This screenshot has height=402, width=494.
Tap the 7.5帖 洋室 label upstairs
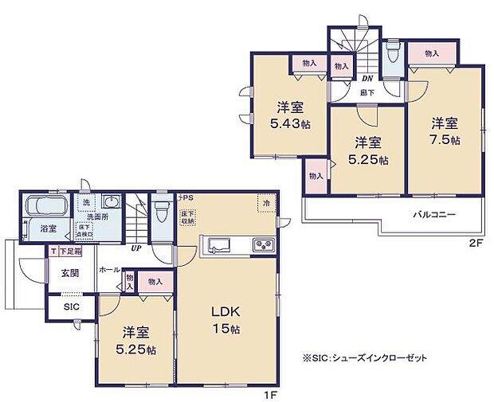click(x=445, y=131)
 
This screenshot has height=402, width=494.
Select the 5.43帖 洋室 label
click(x=288, y=115)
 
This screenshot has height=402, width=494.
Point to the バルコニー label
click(x=433, y=215)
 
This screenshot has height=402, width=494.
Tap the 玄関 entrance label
click(x=70, y=274)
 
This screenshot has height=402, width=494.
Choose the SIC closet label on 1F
click(x=72, y=306)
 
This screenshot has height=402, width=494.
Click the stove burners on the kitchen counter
click(x=264, y=243)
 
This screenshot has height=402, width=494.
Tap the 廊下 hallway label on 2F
click(x=367, y=92)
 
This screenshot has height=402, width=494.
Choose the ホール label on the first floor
click(x=109, y=271)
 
